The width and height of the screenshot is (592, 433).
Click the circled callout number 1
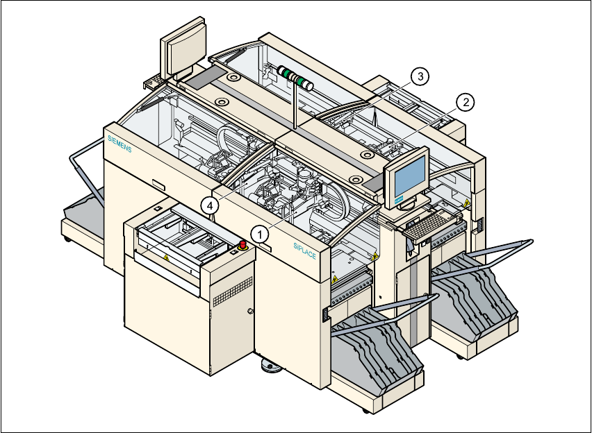(x=261, y=234)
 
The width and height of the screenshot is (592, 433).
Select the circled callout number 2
(x=465, y=102)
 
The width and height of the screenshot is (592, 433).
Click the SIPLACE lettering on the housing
(x=304, y=250)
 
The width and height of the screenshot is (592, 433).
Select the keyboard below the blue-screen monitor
(x=427, y=226)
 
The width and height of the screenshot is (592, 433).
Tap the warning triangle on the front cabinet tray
(x=166, y=256)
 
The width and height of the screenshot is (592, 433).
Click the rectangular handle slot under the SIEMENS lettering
(x=159, y=185)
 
